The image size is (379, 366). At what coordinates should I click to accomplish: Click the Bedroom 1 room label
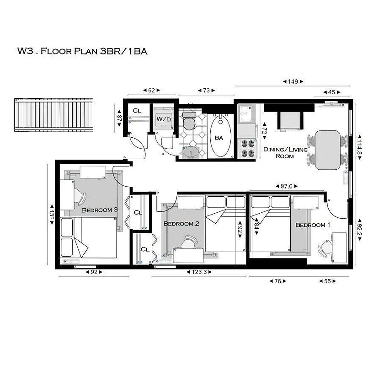tap(313, 225)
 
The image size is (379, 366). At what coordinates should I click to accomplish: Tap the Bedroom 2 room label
tap(181, 224)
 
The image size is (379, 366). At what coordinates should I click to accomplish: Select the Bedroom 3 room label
tap(100, 210)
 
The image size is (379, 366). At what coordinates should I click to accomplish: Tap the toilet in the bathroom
tap(188, 122)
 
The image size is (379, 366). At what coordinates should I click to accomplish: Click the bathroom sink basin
tap(189, 151)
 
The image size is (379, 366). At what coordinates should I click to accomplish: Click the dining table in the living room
tap(328, 150)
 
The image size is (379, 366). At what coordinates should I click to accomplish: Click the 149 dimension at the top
tap(293, 82)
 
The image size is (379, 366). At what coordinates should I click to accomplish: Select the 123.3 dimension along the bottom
tap(199, 272)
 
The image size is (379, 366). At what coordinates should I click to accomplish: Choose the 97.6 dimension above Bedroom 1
tap(287, 186)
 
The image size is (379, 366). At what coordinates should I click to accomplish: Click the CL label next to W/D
tap(137, 111)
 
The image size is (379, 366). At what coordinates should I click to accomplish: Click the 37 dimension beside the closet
tap(119, 117)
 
